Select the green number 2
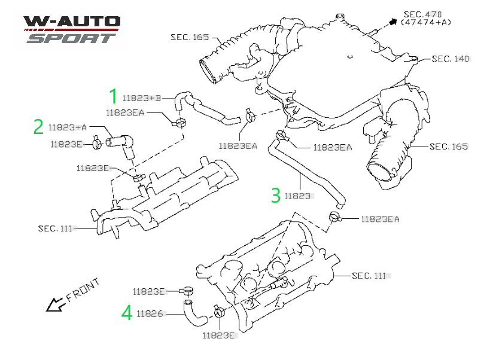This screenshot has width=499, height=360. pyautogui.click(x=38, y=127)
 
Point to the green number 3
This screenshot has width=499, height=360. pyautogui.click(x=275, y=195)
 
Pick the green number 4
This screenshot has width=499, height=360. pyautogui.click(x=126, y=313)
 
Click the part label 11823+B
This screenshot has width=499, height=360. pyautogui.click(x=142, y=98)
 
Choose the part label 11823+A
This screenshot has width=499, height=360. pyautogui.click(x=68, y=127)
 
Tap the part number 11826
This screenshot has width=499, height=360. pyautogui.click(x=150, y=313)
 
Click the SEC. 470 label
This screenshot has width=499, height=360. pyautogui.click(x=423, y=13)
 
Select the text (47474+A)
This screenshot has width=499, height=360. pyautogui.click(x=425, y=22)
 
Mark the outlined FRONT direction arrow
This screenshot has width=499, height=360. pyautogui.click(x=55, y=306)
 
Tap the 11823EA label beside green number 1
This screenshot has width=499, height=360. pyautogui.click(x=125, y=112)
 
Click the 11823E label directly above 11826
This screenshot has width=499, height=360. pyautogui.click(x=149, y=291)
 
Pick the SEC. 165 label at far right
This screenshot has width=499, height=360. pyautogui.click(x=448, y=147)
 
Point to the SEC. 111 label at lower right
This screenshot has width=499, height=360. pyautogui.click(x=369, y=276)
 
